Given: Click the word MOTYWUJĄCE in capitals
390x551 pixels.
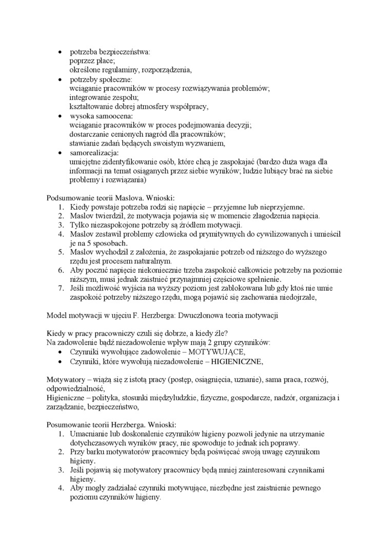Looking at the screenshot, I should coord(217,352).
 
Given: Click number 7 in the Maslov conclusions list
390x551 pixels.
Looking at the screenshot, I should coord(60,289).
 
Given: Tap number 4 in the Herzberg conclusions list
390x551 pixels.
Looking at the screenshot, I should coord(60,488).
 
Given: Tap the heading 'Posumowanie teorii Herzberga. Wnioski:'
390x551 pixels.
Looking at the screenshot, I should coord(111,425).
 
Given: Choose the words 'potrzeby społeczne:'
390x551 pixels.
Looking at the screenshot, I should coord(101,79).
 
